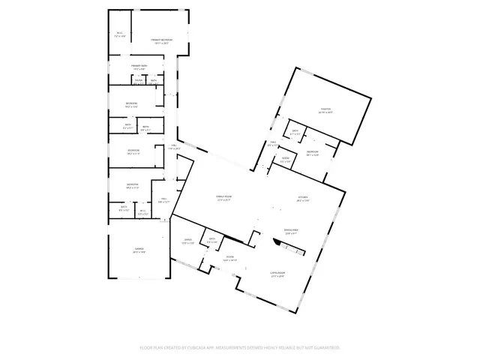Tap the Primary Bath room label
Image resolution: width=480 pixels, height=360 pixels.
(x=139, y=67)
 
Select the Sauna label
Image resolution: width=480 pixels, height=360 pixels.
(x=139, y=80)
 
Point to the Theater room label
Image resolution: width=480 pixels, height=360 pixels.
(x=325, y=110)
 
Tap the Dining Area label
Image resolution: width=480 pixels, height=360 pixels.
(x=292, y=231)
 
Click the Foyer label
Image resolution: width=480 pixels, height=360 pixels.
(x=230, y=258)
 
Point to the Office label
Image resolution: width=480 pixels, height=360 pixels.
(x=188, y=241)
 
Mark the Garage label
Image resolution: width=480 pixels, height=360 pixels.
(x=139, y=250)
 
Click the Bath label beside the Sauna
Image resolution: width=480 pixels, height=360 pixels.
(x=153, y=80)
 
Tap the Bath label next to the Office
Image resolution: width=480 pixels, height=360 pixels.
(x=212, y=240)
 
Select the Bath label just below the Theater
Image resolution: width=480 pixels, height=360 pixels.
(x=295, y=132)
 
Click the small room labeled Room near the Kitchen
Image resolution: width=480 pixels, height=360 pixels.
(x=286, y=160)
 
